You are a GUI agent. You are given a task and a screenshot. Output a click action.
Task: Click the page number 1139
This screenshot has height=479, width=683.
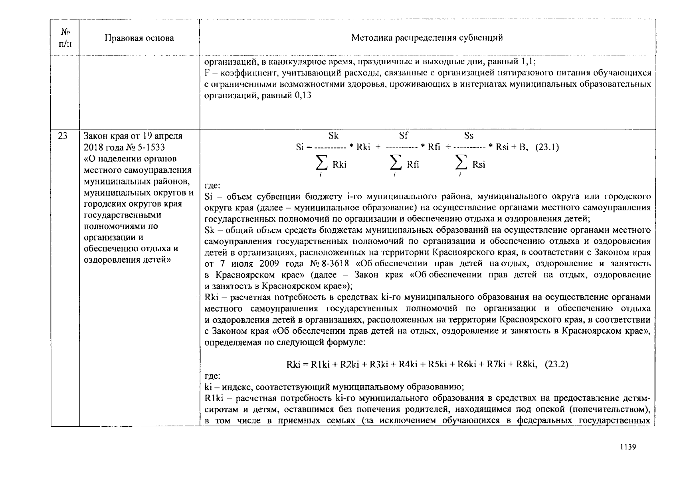point(628,447)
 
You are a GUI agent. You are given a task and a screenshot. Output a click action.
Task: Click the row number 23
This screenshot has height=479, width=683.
point(63,136)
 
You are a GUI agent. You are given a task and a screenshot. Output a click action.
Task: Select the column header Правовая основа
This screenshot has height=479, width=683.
point(139,38)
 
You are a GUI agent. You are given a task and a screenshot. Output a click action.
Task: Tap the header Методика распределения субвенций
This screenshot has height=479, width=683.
point(427,38)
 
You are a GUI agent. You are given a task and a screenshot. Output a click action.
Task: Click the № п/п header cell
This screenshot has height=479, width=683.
point(65,38)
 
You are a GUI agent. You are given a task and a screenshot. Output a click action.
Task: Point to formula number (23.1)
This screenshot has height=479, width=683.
point(547,147)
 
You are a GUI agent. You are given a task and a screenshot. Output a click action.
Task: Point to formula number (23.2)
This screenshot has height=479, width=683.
point(556,364)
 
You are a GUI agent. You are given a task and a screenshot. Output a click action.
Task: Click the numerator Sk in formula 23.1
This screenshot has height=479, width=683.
point(333,136)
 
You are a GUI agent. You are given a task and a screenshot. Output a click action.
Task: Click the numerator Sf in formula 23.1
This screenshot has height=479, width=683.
point(403,136)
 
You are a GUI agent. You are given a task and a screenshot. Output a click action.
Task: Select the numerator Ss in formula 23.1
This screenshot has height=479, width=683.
point(468,136)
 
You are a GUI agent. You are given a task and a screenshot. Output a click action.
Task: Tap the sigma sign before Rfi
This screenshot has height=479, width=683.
point(395,163)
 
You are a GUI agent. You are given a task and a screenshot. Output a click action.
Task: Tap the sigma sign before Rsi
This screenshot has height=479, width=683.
point(461,163)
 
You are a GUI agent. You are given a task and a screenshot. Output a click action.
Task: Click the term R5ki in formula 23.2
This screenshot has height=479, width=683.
point(437,364)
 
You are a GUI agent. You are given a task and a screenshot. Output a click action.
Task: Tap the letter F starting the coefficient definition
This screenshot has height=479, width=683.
point(207,73)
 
